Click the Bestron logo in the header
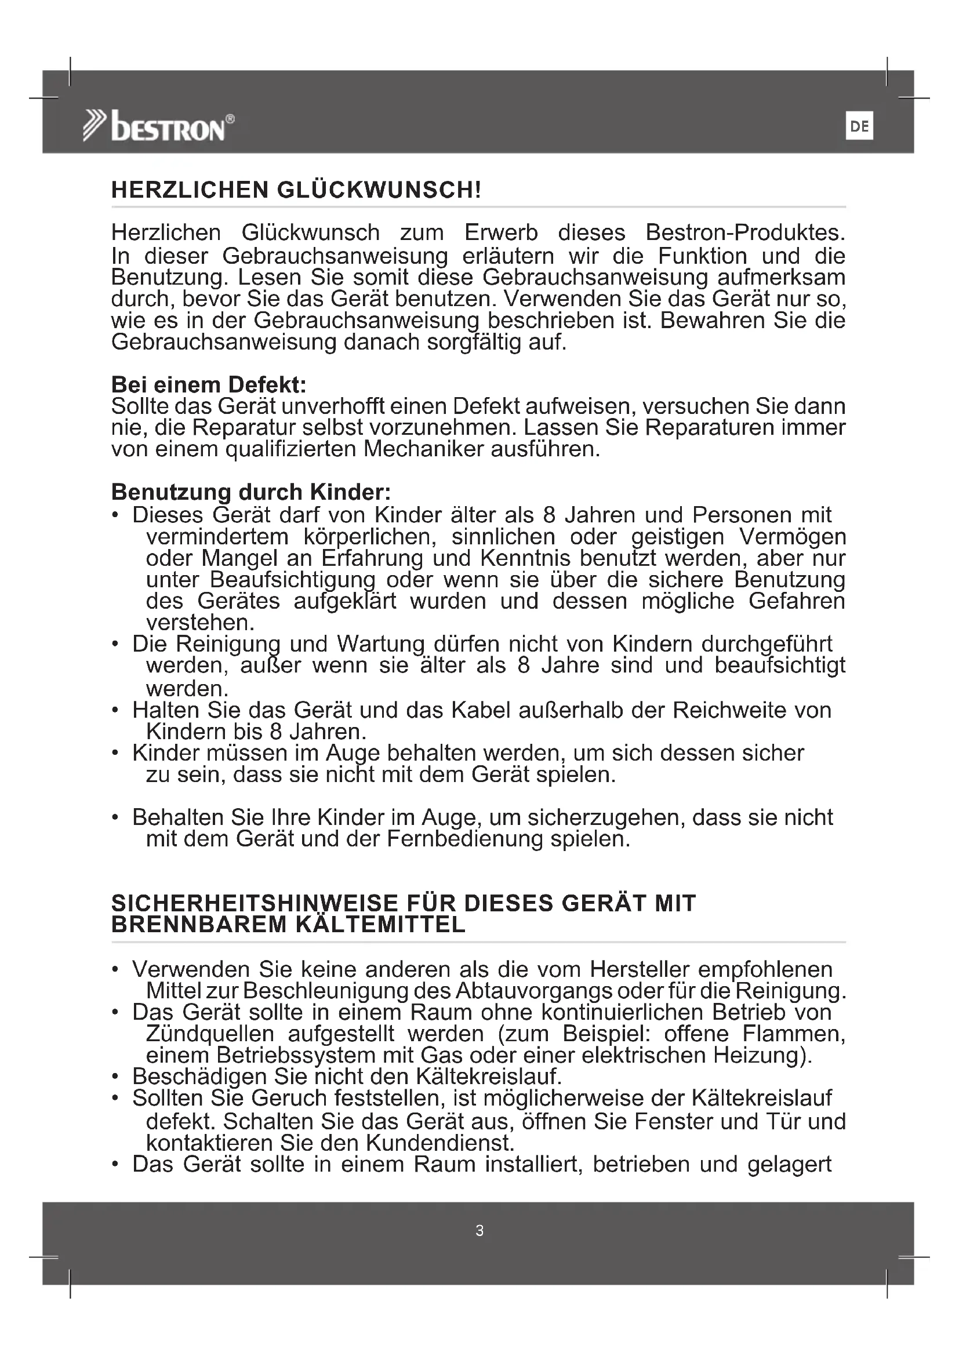tap(158, 126)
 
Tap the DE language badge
tap(859, 126)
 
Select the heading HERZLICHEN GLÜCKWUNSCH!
tap(296, 190)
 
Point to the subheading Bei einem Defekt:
tap(209, 385)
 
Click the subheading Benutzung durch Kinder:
tap(251, 492)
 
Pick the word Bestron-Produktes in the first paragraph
tap(744, 232)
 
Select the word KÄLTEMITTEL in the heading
tap(380, 925)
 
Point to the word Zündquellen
tap(210, 1034)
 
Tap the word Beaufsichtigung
tap(292, 580)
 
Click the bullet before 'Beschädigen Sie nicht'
tap(116, 1077)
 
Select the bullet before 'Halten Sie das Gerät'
tap(116, 711)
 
